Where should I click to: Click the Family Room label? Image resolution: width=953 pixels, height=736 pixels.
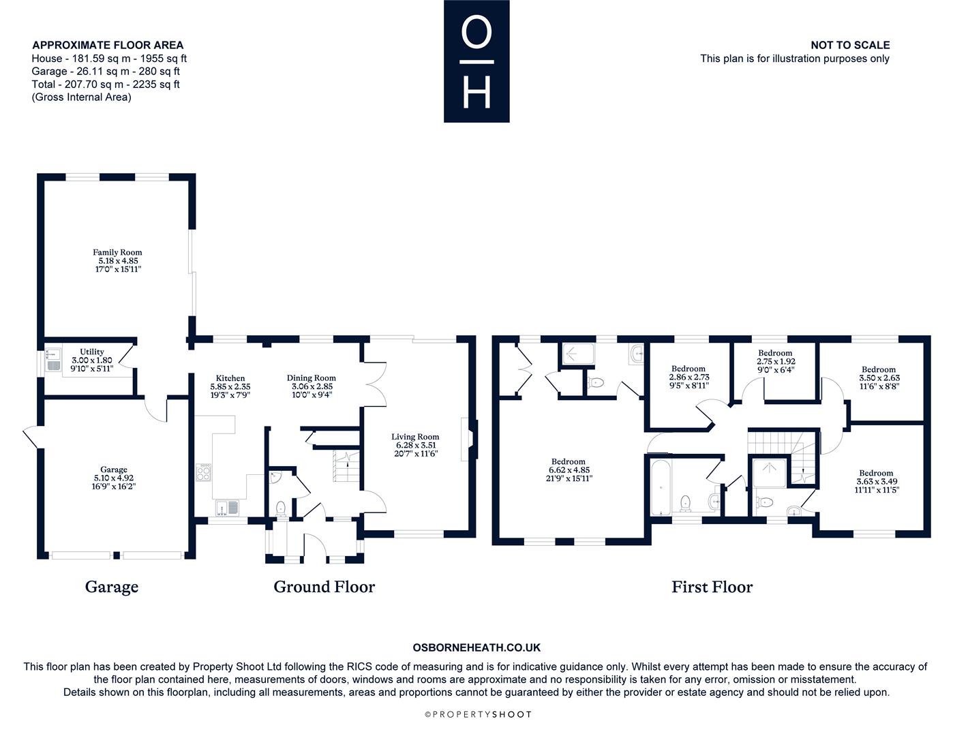pos(117,252)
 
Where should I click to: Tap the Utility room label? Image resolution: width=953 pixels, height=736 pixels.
pos(91,352)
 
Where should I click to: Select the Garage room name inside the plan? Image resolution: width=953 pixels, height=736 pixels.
pos(114,470)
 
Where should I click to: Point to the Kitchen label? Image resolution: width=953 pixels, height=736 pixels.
pos(230,378)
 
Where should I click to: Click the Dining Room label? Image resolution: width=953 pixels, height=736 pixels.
pos(312,378)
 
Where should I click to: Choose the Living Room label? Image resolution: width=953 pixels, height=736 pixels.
pos(415,437)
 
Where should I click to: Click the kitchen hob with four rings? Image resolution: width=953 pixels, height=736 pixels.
pos(203,472)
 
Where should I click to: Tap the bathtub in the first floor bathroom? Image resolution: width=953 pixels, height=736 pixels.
pos(661,487)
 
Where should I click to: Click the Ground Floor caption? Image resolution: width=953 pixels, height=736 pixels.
pos(324,587)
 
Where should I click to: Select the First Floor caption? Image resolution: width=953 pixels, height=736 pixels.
pos(712,587)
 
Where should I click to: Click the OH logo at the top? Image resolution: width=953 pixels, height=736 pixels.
pos(477,61)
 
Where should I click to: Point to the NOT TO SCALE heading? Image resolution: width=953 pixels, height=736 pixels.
pos(850,45)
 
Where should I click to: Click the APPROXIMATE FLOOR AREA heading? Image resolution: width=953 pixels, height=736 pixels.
pos(108,45)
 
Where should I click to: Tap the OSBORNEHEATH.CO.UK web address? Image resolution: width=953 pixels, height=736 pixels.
pos(477,647)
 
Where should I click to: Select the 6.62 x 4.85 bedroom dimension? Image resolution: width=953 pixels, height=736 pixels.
pos(569,470)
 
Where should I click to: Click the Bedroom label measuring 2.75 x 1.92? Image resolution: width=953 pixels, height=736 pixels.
pos(775,353)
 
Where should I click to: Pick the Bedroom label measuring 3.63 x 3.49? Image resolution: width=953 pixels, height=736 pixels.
pos(876,473)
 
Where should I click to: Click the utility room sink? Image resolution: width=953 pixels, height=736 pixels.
pos(54,359)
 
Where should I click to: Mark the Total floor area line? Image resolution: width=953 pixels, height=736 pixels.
pos(105,85)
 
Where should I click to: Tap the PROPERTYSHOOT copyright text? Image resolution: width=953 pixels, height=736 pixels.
pos(479,714)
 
